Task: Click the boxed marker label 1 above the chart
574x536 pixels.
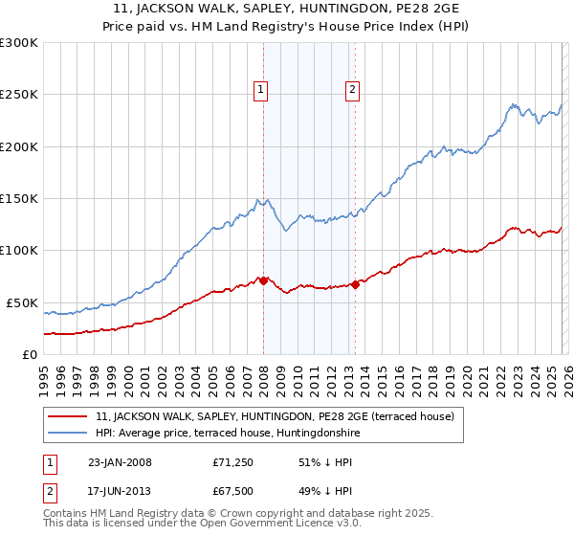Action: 260,90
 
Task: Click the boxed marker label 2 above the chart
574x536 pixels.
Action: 352,90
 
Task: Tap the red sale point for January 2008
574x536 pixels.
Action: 263,280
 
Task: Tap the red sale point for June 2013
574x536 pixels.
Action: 355,284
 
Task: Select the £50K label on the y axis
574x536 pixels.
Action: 22,302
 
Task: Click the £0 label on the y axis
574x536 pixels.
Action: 29,354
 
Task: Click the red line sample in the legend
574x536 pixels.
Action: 68,416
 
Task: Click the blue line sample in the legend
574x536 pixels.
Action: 68,433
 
